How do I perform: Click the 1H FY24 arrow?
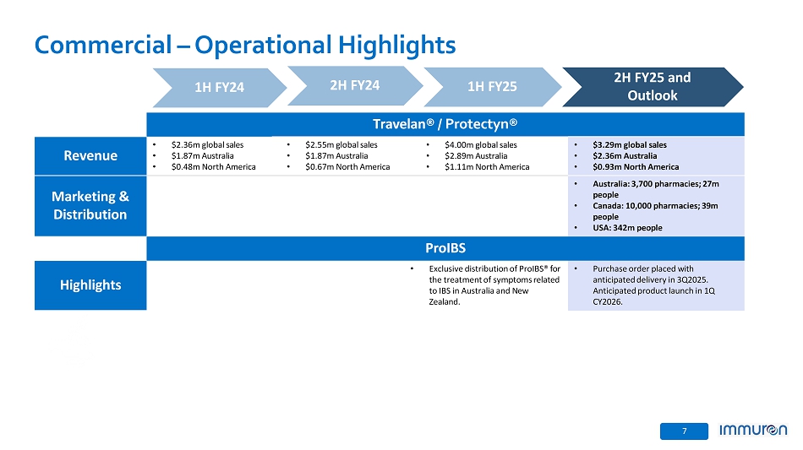click(220, 88)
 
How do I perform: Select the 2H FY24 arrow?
click(355, 85)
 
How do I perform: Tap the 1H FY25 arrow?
click(492, 87)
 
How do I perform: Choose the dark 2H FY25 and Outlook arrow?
click(653, 87)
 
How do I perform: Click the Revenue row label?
click(90, 155)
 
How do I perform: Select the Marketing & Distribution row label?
click(90, 205)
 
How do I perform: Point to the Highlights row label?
click(90, 285)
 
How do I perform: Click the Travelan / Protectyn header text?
click(445, 124)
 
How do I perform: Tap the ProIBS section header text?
click(445, 248)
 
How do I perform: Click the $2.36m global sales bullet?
click(207, 145)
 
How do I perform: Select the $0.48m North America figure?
click(214, 167)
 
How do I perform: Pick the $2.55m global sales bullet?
click(341, 145)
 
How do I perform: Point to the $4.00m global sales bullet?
click(481, 145)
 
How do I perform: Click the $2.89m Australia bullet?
click(476, 156)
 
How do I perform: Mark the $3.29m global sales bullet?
click(630, 145)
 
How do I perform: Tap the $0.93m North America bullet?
click(636, 167)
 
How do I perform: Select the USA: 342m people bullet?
click(627, 228)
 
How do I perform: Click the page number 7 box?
click(684, 431)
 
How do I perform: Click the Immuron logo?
click(753, 430)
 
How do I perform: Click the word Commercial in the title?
click(103, 45)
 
